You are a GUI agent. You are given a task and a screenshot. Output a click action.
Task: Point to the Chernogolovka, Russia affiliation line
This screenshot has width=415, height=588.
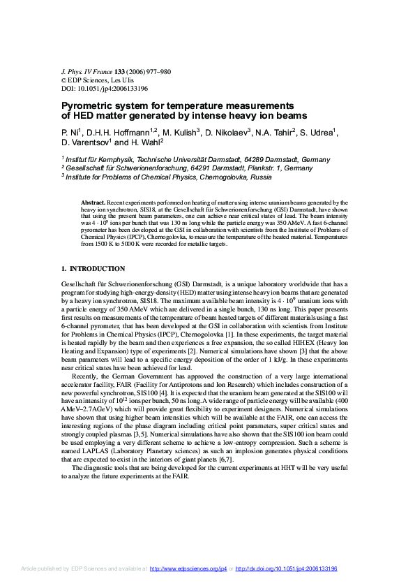tap(167, 178)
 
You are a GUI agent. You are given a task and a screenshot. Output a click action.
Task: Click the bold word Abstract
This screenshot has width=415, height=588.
tap(93, 201)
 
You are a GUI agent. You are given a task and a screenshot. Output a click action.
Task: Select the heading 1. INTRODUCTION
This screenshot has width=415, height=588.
tap(93, 268)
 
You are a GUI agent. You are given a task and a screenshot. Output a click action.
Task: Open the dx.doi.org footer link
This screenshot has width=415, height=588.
tap(287, 569)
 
